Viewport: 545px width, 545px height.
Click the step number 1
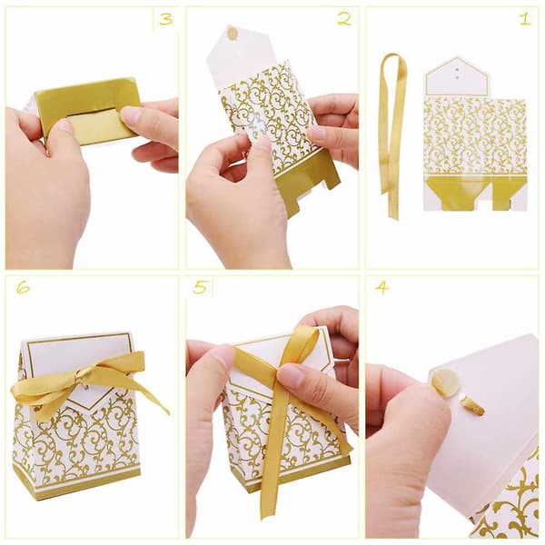pos(525,18)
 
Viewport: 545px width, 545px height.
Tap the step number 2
pos(344,19)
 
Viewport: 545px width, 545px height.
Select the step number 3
pos(166,19)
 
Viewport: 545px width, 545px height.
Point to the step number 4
pos(382,287)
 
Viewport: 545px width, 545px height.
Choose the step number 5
pos(201,287)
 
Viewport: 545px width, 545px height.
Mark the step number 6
pos(23,287)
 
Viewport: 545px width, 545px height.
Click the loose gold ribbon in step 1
pos(392,135)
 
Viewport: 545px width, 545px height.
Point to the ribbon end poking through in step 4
pos(472,407)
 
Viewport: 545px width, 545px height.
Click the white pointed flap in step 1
pos(457,78)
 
